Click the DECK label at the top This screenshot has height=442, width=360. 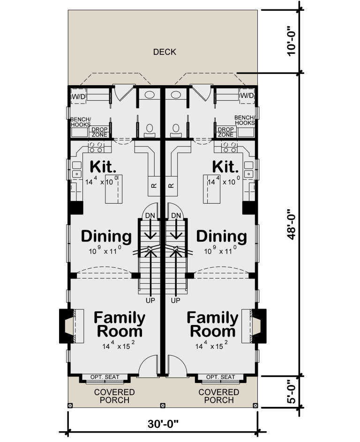[x=165, y=52]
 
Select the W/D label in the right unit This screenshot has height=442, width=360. [x=247, y=96]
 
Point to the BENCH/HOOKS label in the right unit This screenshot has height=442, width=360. [x=244, y=120]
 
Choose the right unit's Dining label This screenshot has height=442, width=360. [x=221, y=236]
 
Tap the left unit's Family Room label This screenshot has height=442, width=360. [x=120, y=324]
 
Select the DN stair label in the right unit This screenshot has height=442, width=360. [x=176, y=215]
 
